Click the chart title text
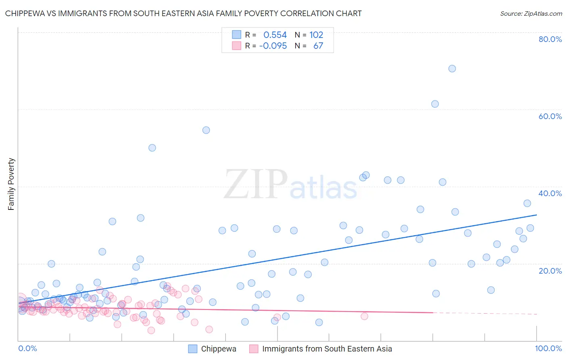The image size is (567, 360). (183, 13)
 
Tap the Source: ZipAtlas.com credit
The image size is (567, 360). (531, 13)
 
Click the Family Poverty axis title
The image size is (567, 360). (11, 184)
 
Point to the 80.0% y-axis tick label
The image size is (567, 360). (550, 39)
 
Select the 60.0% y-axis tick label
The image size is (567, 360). (550, 116)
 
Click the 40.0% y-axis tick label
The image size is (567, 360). (550, 193)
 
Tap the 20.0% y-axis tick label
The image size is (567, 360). (550, 270)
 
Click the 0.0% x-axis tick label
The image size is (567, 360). (27, 348)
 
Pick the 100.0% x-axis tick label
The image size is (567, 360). (548, 348)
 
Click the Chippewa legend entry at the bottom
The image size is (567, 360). (218, 349)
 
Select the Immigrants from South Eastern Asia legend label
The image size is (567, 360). (327, 349)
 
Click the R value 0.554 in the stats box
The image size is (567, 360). (275, 35)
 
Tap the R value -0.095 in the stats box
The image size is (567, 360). (273, 46)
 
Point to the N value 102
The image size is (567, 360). (316, 35)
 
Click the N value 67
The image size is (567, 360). (318, 46)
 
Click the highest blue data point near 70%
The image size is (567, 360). (452, 69)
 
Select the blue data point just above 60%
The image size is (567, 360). (435, 104)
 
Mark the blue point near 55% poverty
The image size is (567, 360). (206, 130)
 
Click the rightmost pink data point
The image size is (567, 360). (365, 316)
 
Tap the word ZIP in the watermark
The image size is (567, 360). (256, 184)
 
